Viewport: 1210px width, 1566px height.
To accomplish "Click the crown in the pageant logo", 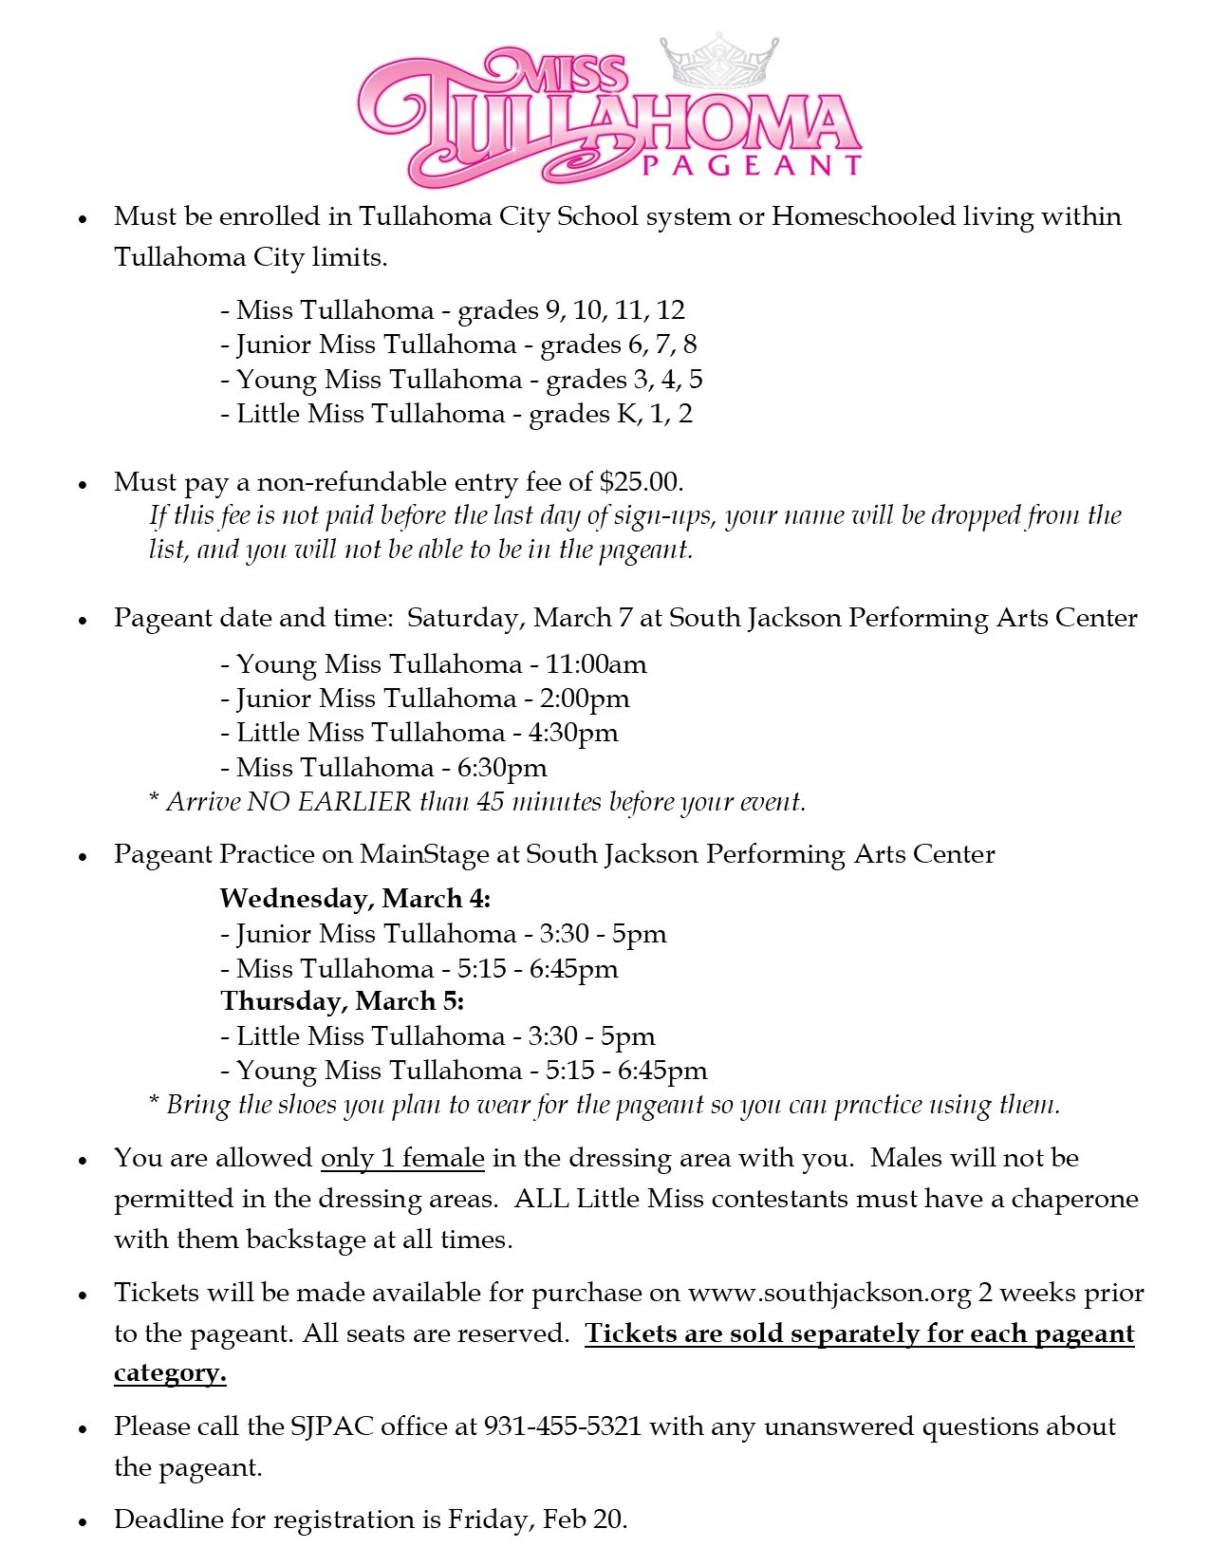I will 718,62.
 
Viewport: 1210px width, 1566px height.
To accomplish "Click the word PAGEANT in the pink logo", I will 751,166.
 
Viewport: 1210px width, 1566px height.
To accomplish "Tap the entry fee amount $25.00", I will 641,482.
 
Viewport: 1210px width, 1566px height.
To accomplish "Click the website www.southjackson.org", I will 829,1293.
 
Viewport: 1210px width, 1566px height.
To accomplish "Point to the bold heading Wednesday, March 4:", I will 355,898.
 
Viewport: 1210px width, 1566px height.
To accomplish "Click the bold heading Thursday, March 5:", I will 342,1001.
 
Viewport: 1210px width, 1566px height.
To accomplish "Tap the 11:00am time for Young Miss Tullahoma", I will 596,664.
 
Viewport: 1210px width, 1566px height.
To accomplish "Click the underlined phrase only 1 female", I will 402,1158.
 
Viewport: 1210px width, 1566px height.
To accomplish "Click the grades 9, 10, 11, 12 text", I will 571,310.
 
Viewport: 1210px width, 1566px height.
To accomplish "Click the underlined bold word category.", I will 169,1373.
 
